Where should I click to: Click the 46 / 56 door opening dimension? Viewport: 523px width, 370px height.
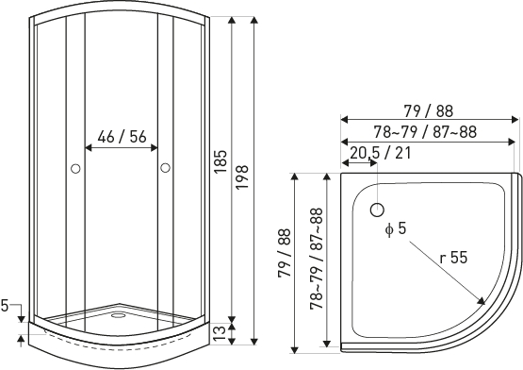[x=123, y=136]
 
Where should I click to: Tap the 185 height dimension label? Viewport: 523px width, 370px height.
[x=221, y=161]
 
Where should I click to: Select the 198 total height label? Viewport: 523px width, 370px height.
[x=242, y=177]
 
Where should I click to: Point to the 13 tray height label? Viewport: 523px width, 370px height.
[x=220, y=333]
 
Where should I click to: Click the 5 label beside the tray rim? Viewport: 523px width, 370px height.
[x=5, y=306]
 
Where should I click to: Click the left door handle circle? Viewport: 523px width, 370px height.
[x=75, y=169]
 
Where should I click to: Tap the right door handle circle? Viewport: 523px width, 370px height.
[x=165, y=167]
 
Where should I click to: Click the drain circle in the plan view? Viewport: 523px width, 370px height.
[x=377, y=210]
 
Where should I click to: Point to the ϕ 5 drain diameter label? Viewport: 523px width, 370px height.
[x=396, y=229]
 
